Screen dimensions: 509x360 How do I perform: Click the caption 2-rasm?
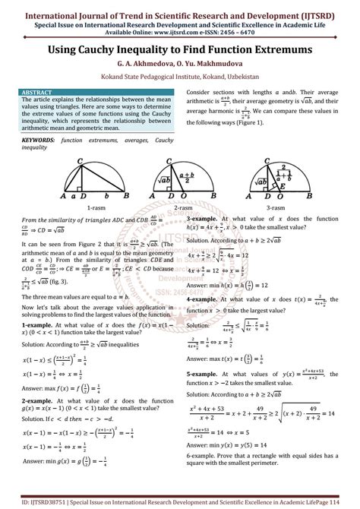pos(182,206)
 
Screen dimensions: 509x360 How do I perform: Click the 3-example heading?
pos(203,218)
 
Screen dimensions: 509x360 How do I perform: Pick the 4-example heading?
pos(203,300)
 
